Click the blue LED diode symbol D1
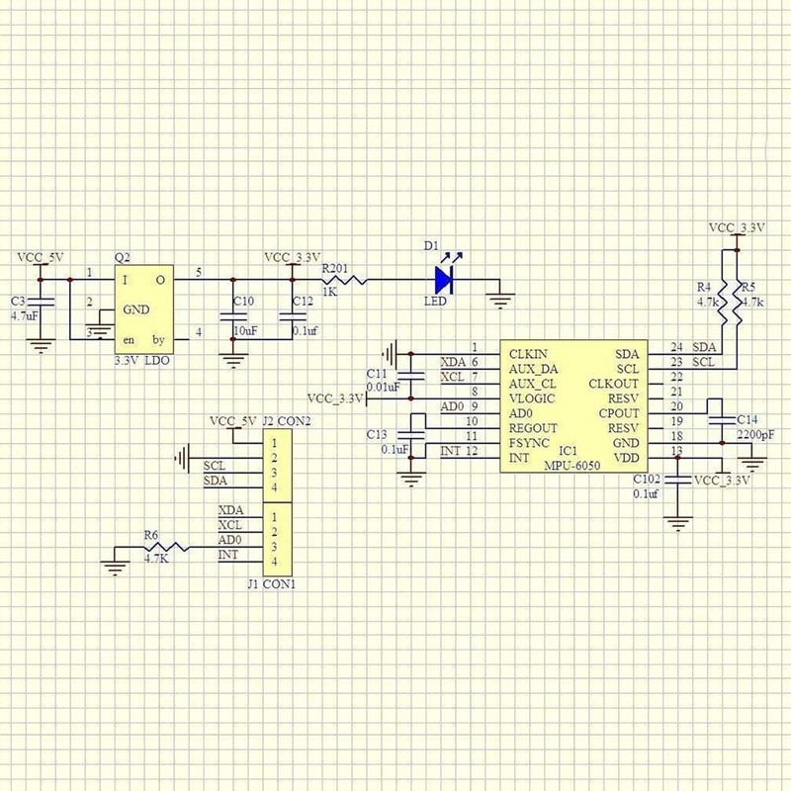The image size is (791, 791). click(x=442, y=280)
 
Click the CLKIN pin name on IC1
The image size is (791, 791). click(x=529, y=351)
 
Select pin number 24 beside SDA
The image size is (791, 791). click(x=676, y=347)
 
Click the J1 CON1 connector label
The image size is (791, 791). click(x=271, y=584)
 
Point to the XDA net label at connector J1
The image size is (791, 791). click(x=230, y=510)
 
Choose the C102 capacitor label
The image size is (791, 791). click(x=645, y=479)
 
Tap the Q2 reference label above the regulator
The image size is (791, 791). click(x=122, y=255)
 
